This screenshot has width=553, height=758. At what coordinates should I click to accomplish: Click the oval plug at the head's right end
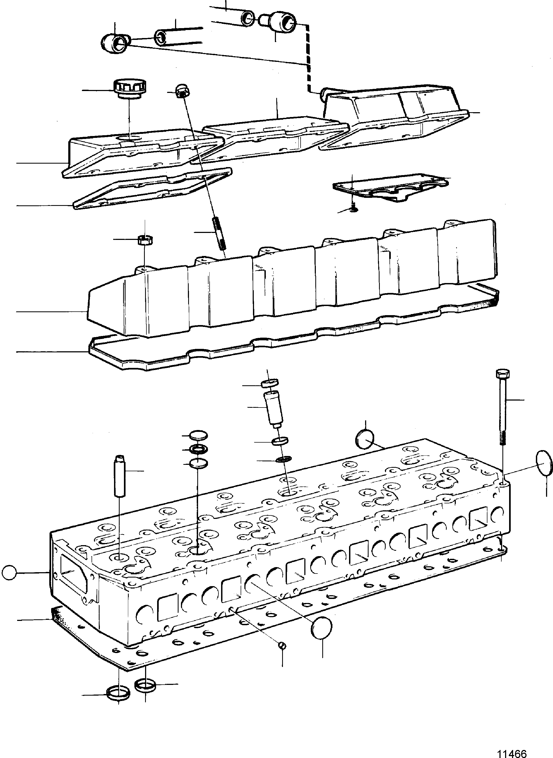click(x=544, y=463)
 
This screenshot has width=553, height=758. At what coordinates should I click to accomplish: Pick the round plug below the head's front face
click(x=322, y=628)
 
